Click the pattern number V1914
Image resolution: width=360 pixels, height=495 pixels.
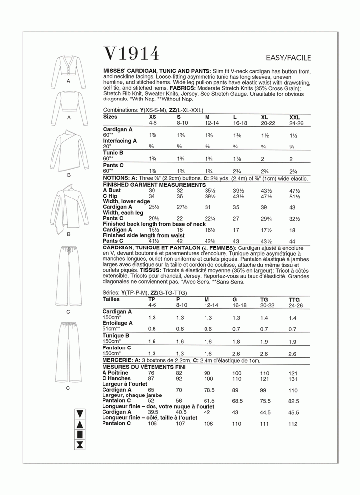pos(131,53)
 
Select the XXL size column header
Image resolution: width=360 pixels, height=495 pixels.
pos(294,117)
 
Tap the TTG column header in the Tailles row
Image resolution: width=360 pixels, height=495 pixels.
pos(294,300)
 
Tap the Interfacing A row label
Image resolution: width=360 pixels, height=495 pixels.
pos(119,141)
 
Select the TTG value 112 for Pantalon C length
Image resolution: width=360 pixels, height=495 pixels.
pos(294,423)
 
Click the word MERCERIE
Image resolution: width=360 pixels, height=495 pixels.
pos(117,361)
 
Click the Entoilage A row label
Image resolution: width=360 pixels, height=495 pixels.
pos(117,323)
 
